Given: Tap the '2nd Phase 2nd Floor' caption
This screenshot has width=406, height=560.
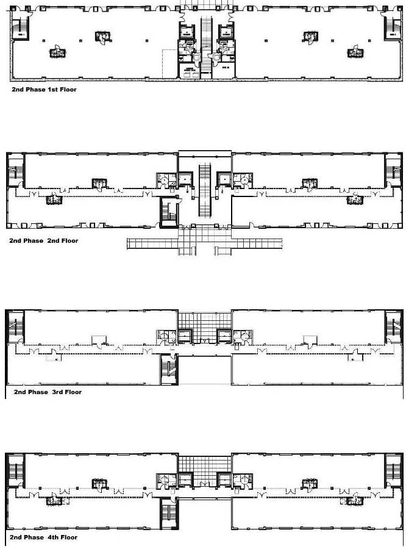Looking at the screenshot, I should coord(43,241).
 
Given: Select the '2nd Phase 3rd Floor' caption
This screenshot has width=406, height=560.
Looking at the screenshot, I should coord(48,392).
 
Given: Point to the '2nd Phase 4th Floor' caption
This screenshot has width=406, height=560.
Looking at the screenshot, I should coord(43,537).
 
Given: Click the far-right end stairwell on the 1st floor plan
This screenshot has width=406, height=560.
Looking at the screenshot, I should coord(390,28).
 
